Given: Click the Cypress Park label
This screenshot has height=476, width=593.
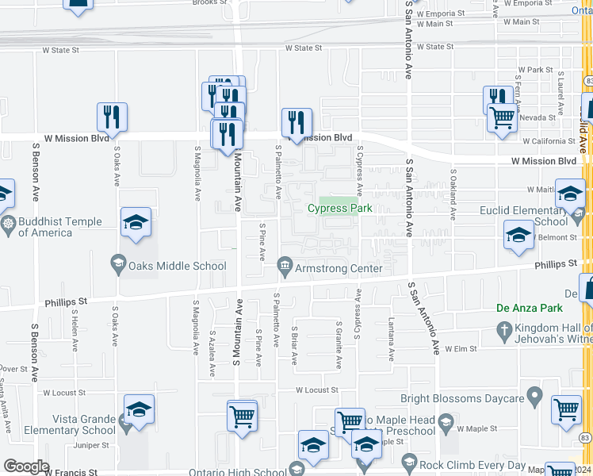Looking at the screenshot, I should click(339, 209).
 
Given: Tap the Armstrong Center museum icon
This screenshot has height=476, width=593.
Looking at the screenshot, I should click(284, 266).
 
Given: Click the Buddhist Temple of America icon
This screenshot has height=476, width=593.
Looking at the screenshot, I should click(8, 224).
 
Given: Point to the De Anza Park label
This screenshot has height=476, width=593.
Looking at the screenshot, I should click(529, 308).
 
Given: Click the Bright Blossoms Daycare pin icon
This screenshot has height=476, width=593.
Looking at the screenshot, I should click(535, 393).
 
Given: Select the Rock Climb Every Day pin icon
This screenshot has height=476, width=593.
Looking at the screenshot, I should click(409, 462).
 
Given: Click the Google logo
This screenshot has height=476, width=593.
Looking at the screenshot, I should click(26, 466).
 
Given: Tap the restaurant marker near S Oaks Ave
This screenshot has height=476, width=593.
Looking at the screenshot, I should click(112, 117).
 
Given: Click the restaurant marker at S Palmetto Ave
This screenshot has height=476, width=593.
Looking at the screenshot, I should click(296, 122).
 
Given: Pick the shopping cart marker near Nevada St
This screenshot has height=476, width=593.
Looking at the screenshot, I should click(502, 118).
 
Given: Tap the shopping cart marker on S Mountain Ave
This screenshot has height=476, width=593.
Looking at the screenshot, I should click(242, 415).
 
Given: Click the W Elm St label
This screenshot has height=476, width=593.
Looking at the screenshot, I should click(459, 348).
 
